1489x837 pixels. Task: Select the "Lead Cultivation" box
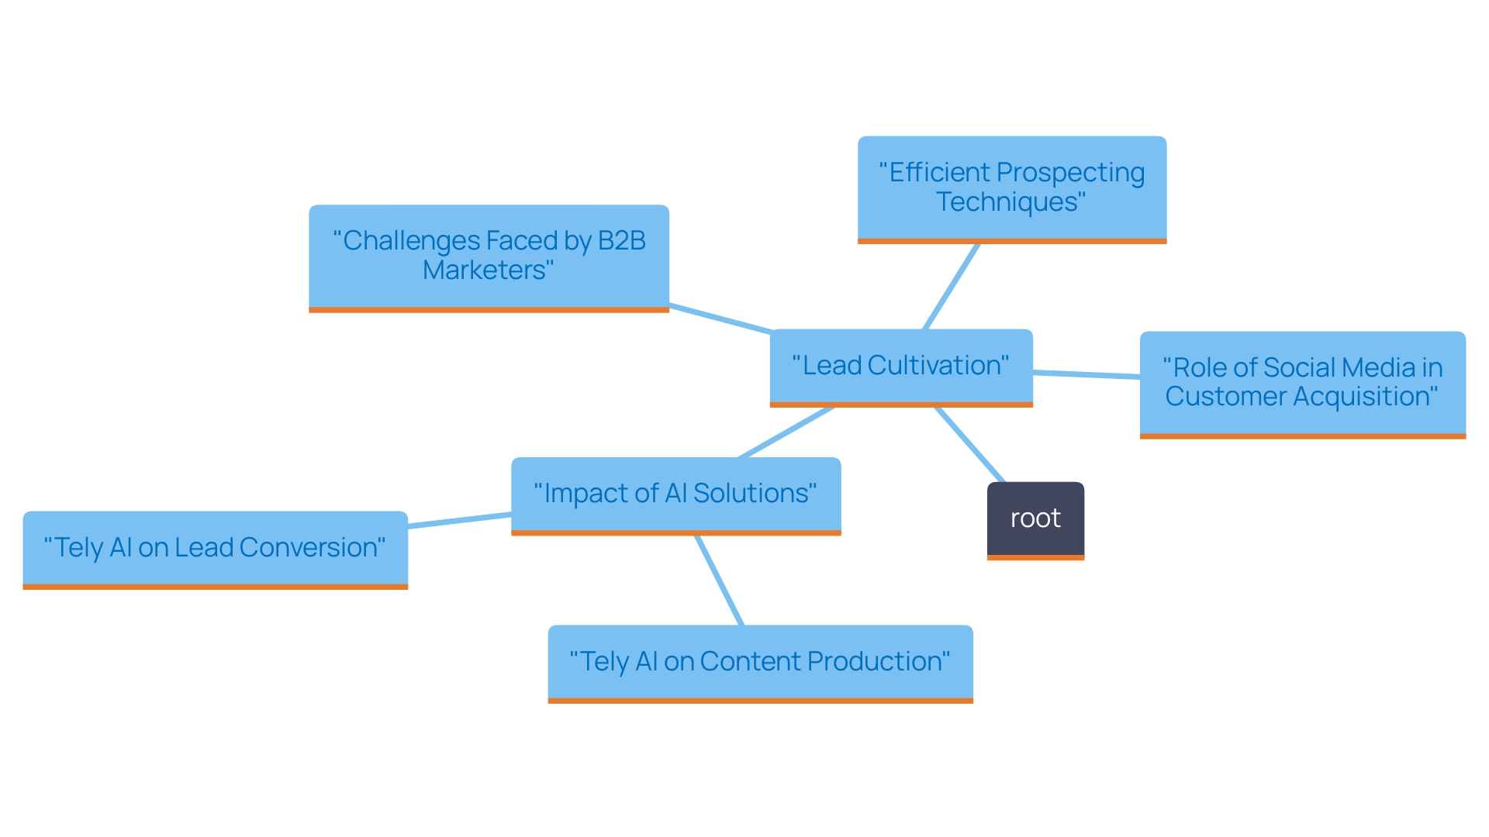tap(900, 366)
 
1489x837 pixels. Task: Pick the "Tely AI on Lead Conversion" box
tap(215, 548)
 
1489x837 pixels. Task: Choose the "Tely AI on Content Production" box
tap(760, 662)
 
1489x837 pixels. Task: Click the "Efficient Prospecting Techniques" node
tap(1011, 188)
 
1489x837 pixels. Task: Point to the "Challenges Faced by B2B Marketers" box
tap(489, 256)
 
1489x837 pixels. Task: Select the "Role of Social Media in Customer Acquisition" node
tap(1302, 383)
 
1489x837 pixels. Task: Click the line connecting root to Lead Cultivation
tap(969, 444)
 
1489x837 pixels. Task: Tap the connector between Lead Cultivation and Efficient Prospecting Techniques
tap(952, 287)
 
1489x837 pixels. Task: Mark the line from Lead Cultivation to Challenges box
tap(721, 319)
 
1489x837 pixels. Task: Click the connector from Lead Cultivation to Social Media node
tap(1086, 374)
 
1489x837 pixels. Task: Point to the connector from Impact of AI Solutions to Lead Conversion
tap(459, 520)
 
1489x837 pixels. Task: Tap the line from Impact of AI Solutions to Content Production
tap(720, 580)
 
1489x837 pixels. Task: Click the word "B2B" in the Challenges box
tap(621, 241)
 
